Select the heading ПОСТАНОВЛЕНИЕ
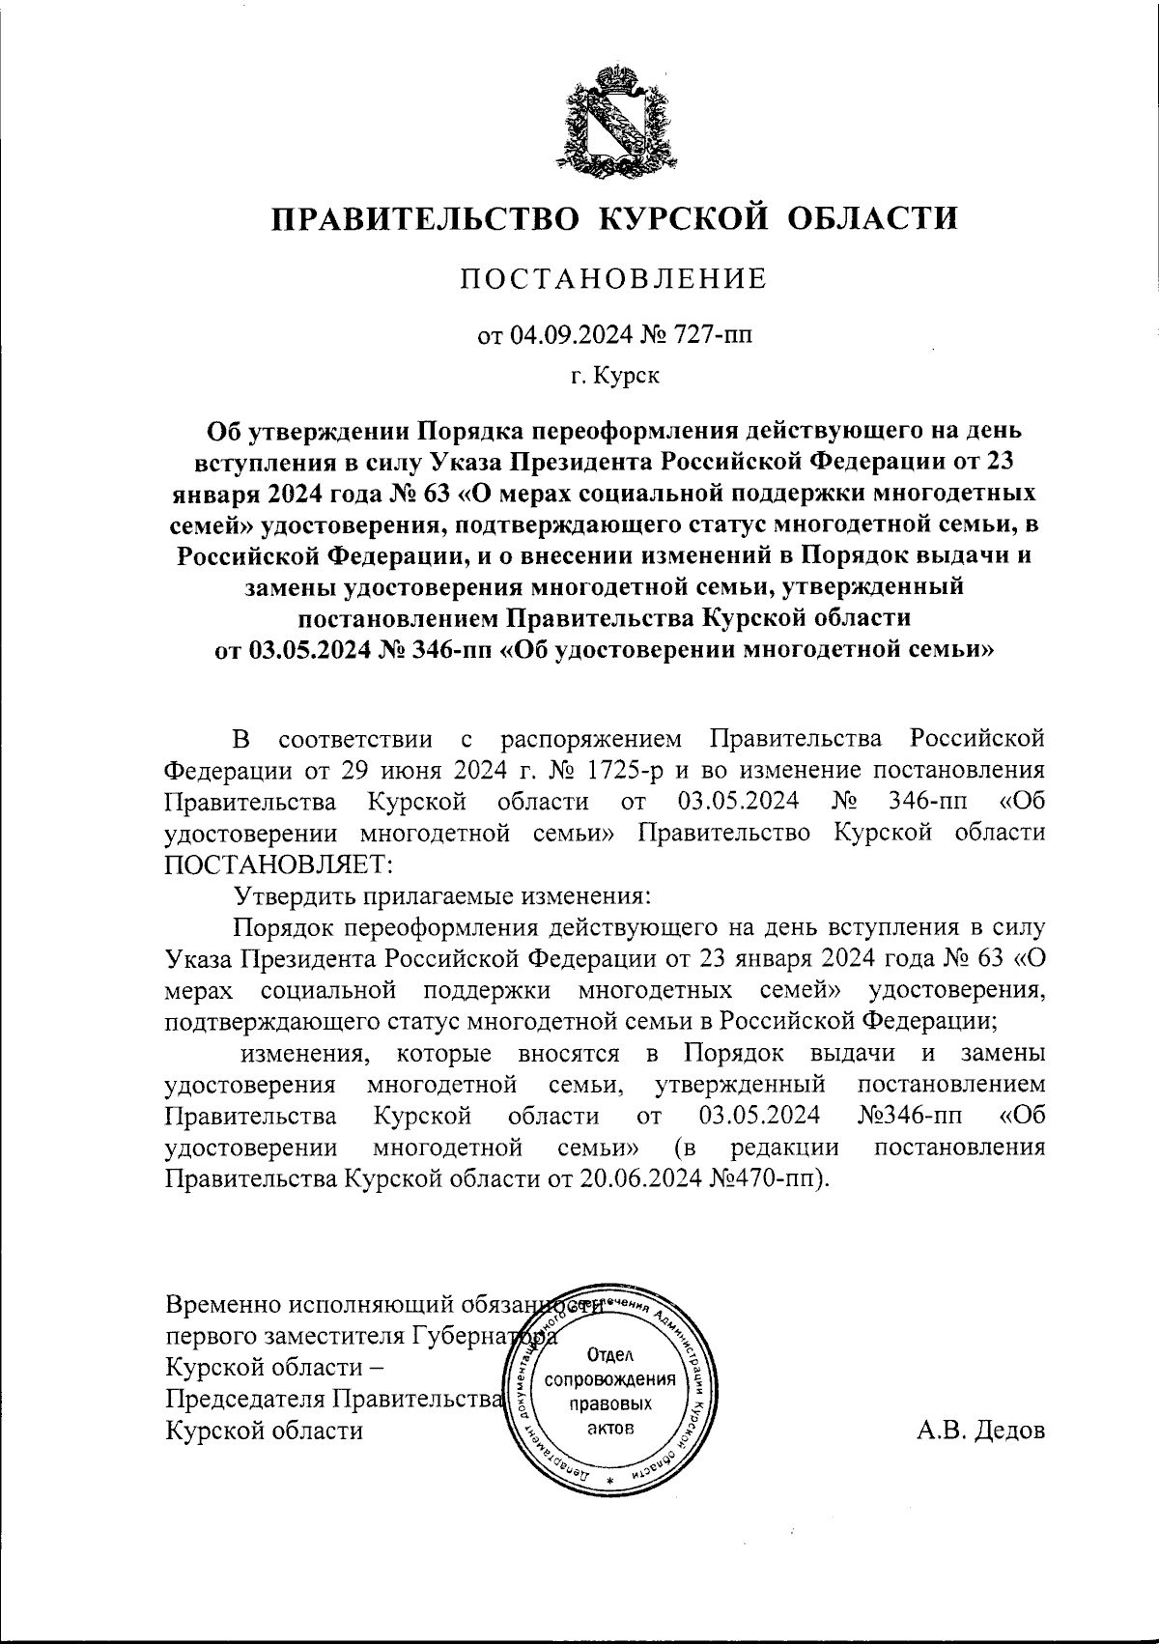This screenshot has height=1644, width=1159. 614,279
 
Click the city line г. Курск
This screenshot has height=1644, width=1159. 614,376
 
